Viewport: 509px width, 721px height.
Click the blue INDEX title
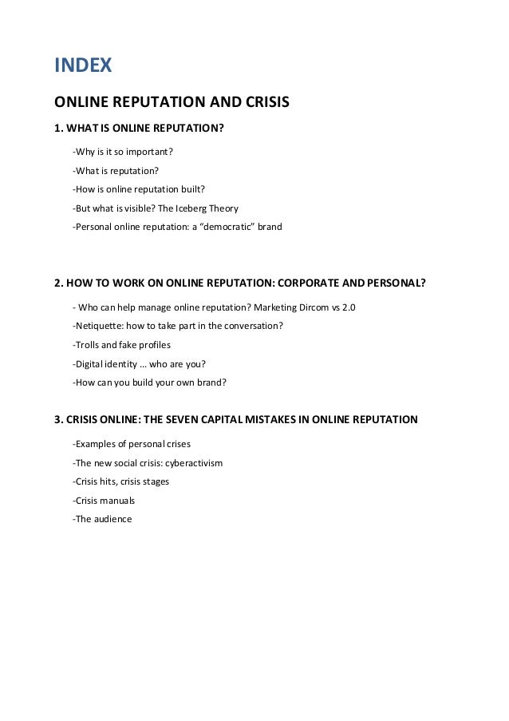coord(83,65)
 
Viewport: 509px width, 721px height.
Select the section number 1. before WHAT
coord(58,128)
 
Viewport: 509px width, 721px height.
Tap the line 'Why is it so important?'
coord(123,151)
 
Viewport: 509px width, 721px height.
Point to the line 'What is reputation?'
coord(116,170)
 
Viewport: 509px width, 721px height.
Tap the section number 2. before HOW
coord(58,283)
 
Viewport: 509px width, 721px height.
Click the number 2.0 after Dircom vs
coord(348,307)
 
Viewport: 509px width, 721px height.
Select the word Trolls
coord(86,345)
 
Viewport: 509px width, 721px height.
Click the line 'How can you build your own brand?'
coord(149,382)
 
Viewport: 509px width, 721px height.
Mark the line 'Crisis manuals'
coord(104,501)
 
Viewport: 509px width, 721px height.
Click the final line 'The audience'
coord(102,519)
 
